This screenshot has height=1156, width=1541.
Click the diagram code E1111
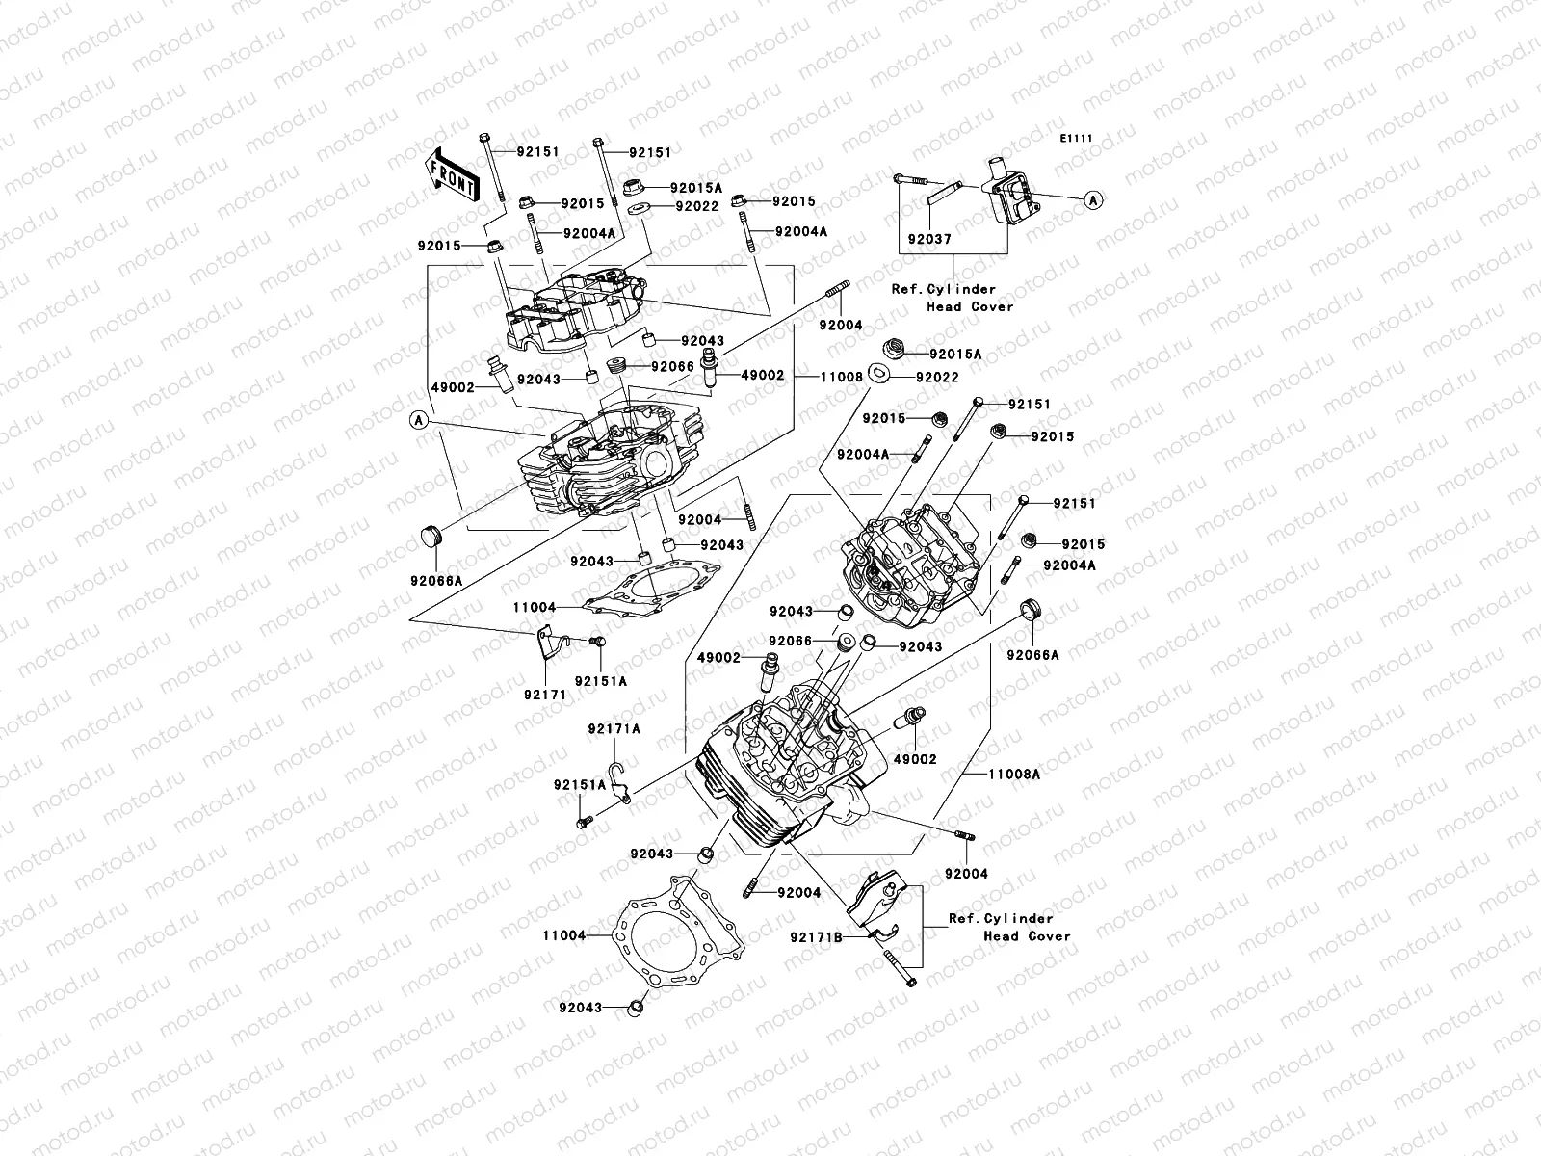(x=1077, y=139)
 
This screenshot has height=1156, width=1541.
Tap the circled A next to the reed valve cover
(x=1093, y=199)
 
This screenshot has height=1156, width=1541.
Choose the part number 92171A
(x=614, y=729)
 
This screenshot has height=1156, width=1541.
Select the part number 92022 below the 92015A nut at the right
(x=936, y=378)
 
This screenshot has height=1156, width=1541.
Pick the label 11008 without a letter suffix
(x=842, y=378)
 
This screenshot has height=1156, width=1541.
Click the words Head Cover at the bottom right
(x=1027, y=935)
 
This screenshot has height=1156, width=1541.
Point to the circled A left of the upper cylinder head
(x=417, y=419)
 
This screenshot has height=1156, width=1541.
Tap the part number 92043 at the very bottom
(x=580, y=1008)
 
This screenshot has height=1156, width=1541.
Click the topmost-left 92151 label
(x=537, y=152)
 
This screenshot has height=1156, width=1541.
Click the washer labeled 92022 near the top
(x=637, y=208)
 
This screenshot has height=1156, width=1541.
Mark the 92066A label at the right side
(x=1032, y=655)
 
